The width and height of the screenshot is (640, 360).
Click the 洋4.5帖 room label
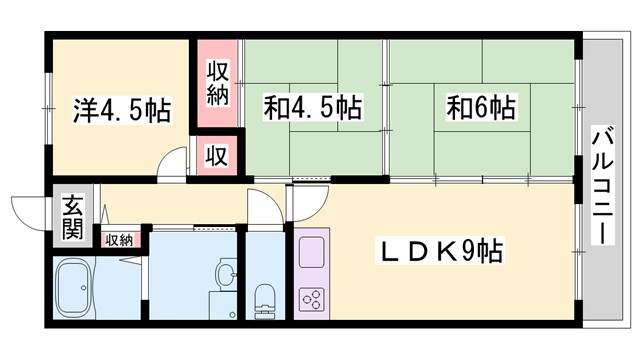point(121,108)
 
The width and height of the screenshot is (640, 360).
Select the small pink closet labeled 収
point(218,156)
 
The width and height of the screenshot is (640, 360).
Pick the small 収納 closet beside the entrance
point(119,239)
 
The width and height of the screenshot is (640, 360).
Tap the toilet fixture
point(264,298)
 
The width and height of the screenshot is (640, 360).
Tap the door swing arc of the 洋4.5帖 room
point(175,163)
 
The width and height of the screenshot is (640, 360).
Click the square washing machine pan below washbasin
point(221,305)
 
